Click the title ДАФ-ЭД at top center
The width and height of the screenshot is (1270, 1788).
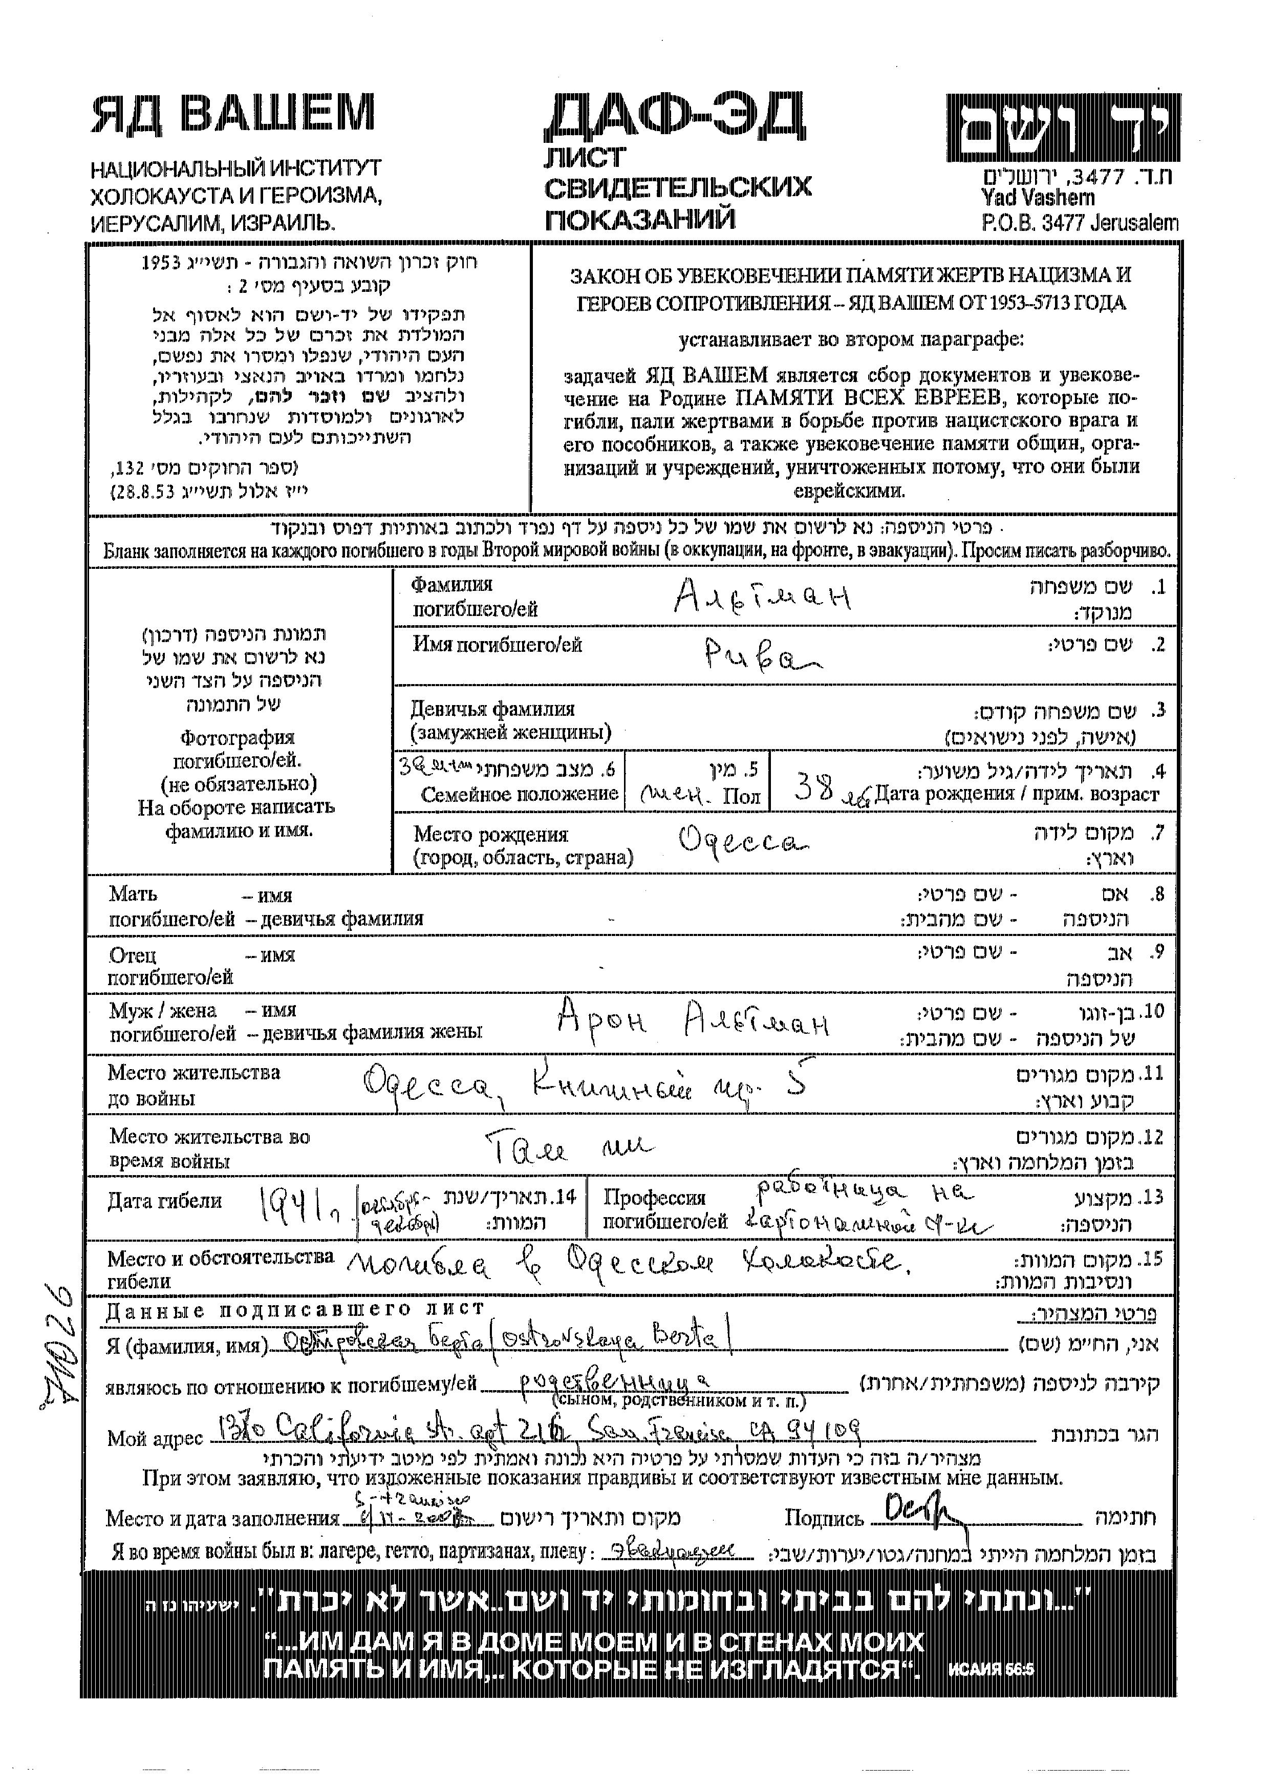[x=674, y=117]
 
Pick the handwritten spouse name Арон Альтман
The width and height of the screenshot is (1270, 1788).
[x=692, y=1019]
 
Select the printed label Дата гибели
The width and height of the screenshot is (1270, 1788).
[x=164, y=1201]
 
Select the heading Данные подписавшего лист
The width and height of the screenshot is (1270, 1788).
[x=295, y=1309]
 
